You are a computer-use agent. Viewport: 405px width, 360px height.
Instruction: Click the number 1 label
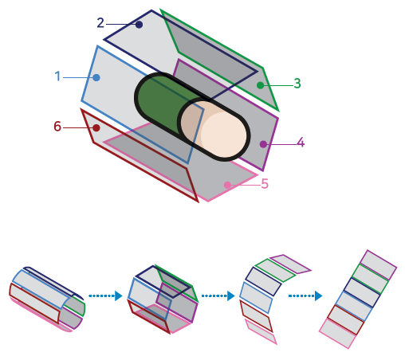(57, 76)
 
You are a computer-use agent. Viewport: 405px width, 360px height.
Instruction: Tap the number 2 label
(100, 23)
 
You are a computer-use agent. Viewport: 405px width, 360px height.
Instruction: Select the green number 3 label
(297, 84)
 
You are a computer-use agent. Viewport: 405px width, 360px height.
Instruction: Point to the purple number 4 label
(301, 143)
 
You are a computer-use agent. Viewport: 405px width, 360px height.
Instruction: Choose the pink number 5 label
(265, 183)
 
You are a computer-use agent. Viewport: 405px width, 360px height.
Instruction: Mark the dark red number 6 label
(57, 127)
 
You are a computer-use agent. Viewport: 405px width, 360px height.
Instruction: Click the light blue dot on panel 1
(96, 77)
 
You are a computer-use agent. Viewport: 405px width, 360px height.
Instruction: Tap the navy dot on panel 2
(139, 25)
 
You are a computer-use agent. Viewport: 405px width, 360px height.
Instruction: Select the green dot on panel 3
(261, 85)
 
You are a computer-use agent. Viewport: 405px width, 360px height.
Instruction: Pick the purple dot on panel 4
(263, 144)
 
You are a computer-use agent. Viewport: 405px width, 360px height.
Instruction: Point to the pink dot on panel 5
(227, 185)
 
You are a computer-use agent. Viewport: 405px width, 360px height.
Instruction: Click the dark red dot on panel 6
(96, 128)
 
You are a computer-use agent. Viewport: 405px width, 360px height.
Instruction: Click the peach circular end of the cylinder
(214, 129)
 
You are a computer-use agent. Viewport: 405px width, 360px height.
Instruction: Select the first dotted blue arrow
(105, 295)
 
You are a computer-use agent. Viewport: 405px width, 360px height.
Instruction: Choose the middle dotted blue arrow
(218, 295)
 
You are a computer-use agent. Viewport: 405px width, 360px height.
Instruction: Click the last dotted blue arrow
(305, 295)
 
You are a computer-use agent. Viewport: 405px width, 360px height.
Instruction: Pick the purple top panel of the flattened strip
(378, 264)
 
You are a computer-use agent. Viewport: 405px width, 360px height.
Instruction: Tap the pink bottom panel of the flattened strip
(337, 333)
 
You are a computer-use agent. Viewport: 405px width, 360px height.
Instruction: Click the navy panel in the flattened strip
(362, 292)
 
